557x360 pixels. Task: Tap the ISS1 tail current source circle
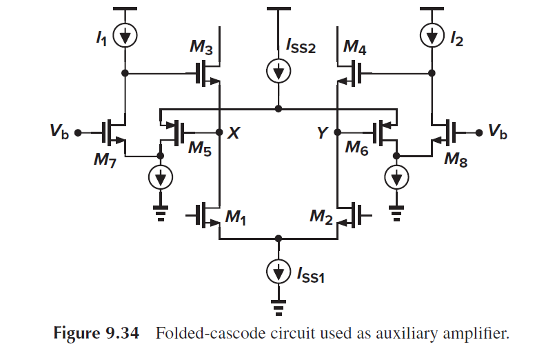[x=278, y=272]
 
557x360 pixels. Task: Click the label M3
[x=200, y=48]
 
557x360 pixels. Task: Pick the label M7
[x=105, y=161]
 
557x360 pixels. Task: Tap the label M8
[x=455, y=161]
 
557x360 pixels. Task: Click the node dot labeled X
[x=218, y=131]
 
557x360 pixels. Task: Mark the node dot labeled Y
[x=337, y=131]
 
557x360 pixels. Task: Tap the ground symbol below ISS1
[x=278, y=302]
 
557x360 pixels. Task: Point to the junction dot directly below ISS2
[x=278, y=108]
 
